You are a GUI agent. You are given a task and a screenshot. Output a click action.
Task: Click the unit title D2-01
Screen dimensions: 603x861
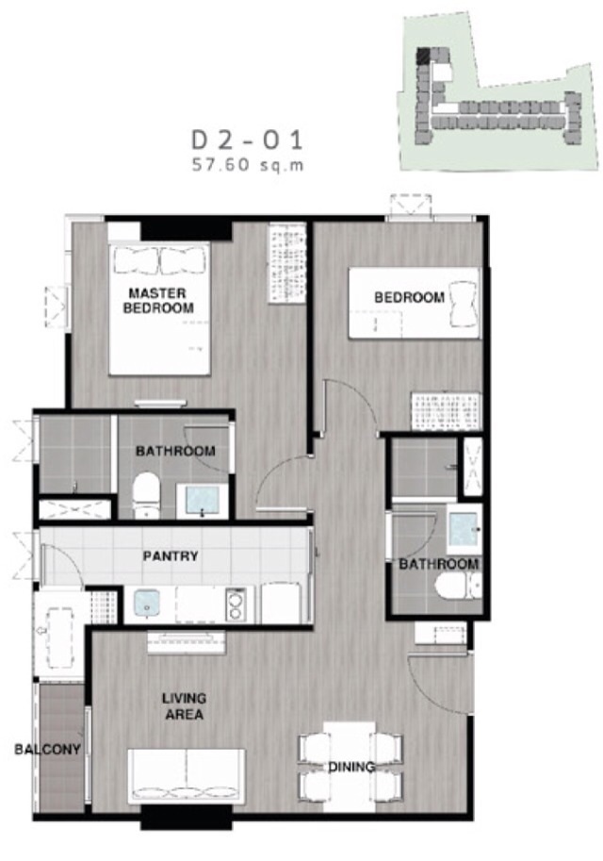[247, 141]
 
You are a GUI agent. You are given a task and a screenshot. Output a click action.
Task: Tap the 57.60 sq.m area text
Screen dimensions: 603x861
[248, 165]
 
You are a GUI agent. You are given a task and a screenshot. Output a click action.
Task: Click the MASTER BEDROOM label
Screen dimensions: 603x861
[158, 301]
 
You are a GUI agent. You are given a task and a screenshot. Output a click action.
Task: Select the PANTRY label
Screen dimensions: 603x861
[171, 556]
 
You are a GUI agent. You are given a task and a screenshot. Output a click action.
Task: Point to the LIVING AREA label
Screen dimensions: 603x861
[184, 706]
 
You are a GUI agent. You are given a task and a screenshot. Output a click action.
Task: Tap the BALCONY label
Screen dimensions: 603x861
[48, 749]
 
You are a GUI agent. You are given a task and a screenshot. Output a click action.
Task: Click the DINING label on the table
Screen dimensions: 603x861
[351, 767]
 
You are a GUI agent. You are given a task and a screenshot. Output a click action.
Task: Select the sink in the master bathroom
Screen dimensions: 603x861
[202, 501]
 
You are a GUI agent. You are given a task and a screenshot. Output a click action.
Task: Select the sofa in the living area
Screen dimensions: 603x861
[187, 775]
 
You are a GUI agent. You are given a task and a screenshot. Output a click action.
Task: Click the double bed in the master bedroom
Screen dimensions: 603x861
[159, 308]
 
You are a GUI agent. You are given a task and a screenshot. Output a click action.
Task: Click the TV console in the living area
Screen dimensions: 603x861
[187, 641]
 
